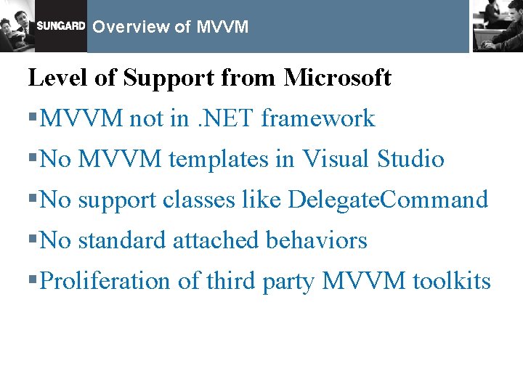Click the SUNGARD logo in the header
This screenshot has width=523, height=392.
click(61, 27)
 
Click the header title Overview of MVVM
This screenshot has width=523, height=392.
click(171, 28)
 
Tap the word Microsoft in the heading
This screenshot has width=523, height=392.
click(338, 77)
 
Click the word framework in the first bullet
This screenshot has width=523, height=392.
click(317, 118)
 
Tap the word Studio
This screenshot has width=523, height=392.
click(410, 159)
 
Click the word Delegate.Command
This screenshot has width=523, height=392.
click(388, 200)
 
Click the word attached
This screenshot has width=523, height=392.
click(216, 240)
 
